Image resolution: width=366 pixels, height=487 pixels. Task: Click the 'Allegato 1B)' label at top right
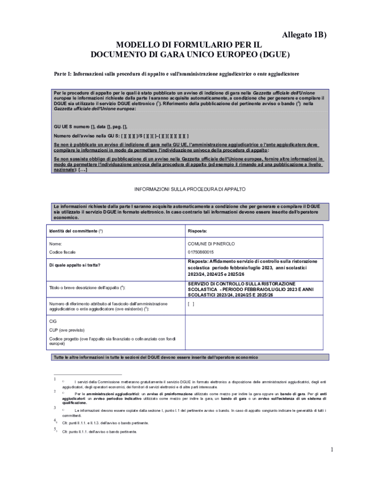click(x=304, y=35)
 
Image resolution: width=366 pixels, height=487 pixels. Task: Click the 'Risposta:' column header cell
click(x=197, y=231)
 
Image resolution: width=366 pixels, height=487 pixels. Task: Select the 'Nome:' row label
click(x=56, y=244)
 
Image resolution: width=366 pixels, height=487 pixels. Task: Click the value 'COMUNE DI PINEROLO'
click(x=211, y=244)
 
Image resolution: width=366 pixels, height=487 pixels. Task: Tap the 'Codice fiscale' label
click(x=62, y=252)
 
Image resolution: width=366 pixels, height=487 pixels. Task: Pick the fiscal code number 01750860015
click(x=201, y=252)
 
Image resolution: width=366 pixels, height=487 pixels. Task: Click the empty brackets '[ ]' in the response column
click(x=191, y=304)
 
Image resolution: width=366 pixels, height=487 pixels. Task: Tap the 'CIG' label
click(x=53, y=321)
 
